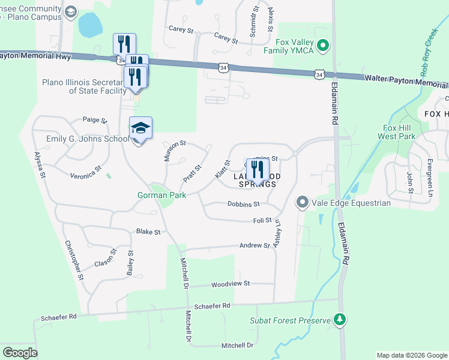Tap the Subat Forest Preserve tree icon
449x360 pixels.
340,320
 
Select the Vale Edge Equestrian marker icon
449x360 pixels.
302,203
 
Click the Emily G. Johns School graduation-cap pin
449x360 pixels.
140,128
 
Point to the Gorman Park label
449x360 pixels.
162,195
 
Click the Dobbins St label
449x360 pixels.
243,204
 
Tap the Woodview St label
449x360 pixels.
231,283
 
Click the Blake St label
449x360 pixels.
148,232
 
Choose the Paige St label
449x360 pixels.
94,120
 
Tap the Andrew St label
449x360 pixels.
255,245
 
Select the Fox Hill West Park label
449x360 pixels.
397,132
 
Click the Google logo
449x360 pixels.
20,353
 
